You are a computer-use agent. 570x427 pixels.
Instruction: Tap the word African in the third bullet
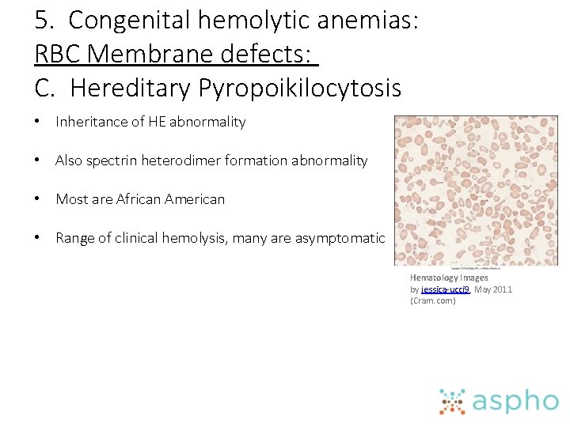click(142, 199)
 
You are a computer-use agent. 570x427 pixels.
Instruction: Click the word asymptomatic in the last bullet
click(340, 238)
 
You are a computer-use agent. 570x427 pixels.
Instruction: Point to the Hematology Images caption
click(449, 278)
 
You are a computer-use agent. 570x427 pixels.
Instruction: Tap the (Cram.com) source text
click(433, 300)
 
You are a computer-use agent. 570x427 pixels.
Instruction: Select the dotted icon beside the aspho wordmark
click(453, 401)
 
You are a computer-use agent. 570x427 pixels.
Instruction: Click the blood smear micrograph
click(476, 191)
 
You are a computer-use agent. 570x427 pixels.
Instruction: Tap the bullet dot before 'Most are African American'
click(38, 199)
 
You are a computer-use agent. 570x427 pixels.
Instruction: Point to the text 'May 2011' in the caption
click(493, 289)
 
